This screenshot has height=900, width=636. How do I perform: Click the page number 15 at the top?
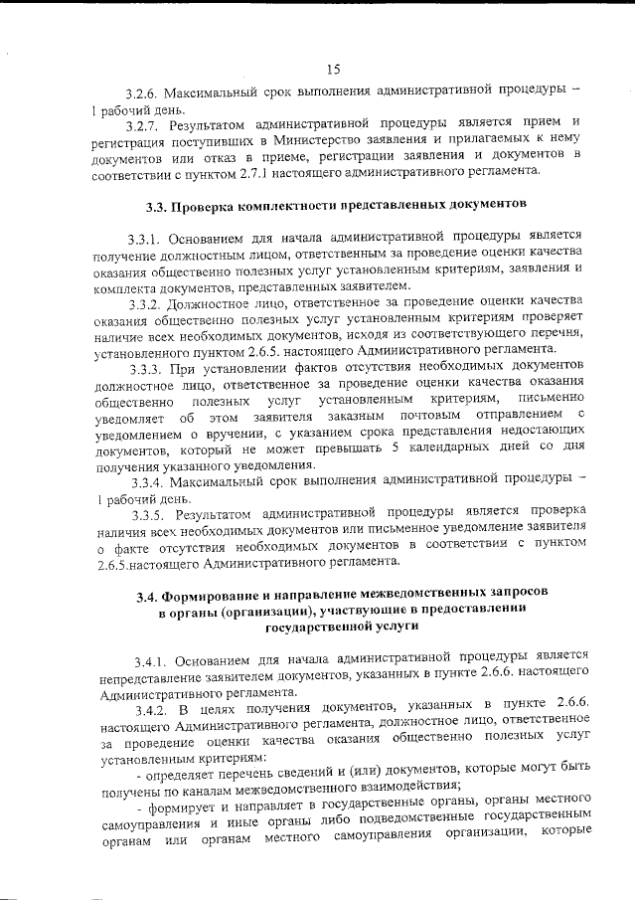pyautogui.click(x=333, y=69)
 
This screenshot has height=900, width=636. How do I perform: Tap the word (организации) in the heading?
pyautogui.click(x=260, y=612)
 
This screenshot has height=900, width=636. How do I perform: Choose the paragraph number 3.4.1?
pyautogui.click(x=153, y=660)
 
